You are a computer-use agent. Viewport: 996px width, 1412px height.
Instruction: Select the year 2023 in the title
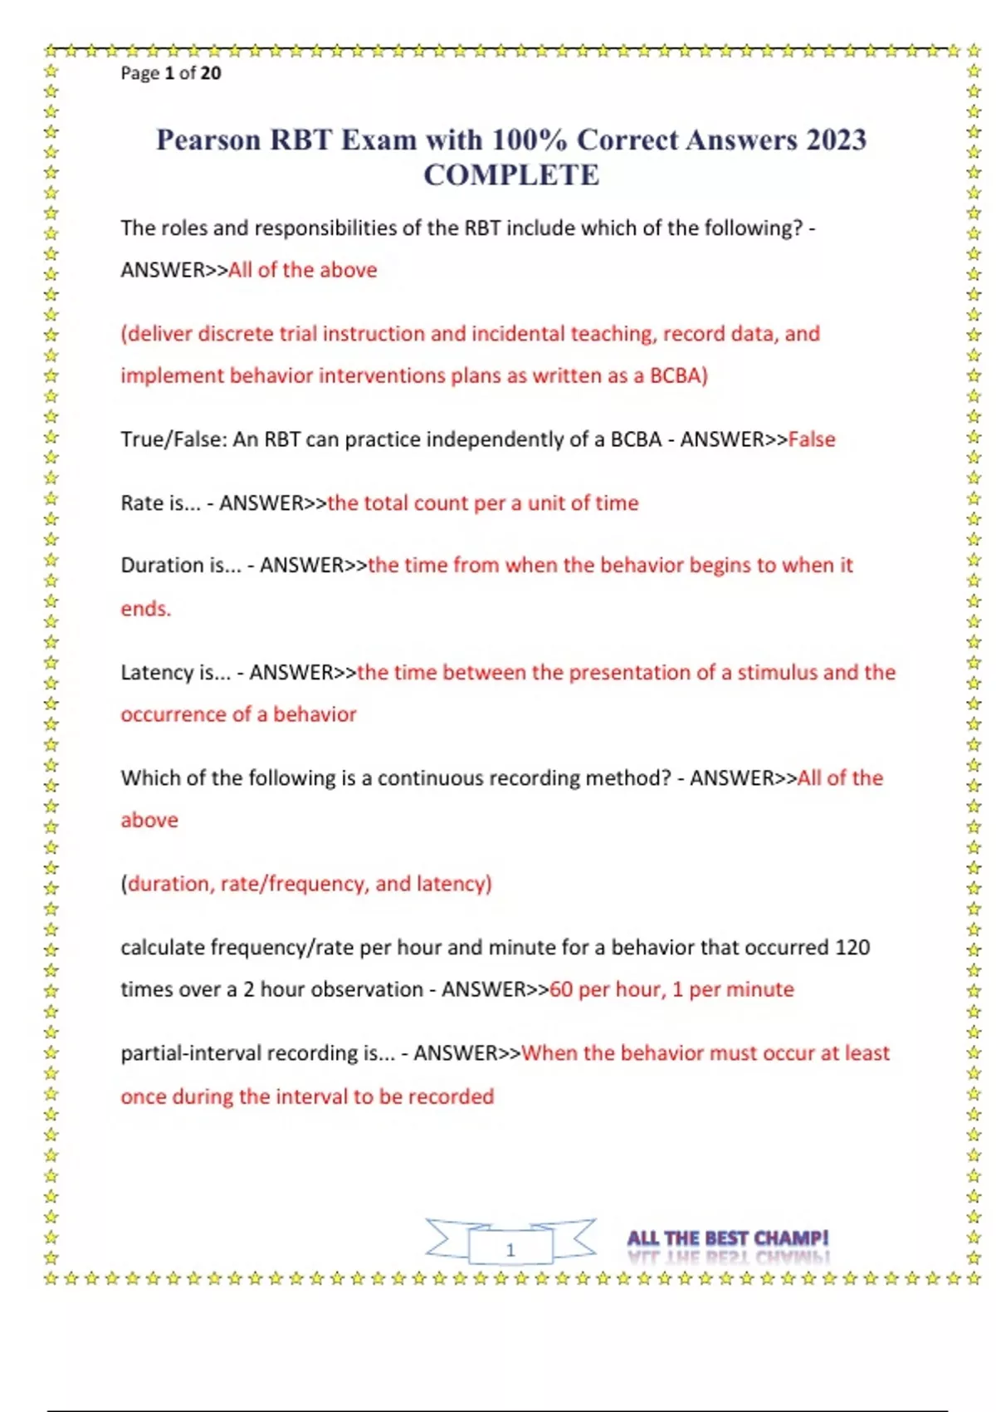(832, 140)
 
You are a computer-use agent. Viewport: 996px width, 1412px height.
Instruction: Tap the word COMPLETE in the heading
(511, 175)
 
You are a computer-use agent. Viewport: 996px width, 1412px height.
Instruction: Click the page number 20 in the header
(211, 73)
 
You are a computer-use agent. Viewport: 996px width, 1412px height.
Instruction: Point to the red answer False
(811, 439)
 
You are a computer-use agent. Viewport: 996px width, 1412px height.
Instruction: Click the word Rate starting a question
(142, 503)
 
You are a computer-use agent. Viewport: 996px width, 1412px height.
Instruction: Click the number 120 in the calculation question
(852, 948)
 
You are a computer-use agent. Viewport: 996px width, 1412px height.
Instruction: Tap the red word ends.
(146, 609)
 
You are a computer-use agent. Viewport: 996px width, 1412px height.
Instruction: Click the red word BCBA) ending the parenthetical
(678, 376)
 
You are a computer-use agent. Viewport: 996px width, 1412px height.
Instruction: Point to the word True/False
(173, 439)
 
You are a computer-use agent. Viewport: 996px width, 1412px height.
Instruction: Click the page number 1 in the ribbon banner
(510, 1249)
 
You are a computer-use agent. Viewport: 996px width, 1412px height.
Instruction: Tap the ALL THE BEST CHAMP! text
(727, 1238)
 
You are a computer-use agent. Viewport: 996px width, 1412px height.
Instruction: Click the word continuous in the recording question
(430, 778)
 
